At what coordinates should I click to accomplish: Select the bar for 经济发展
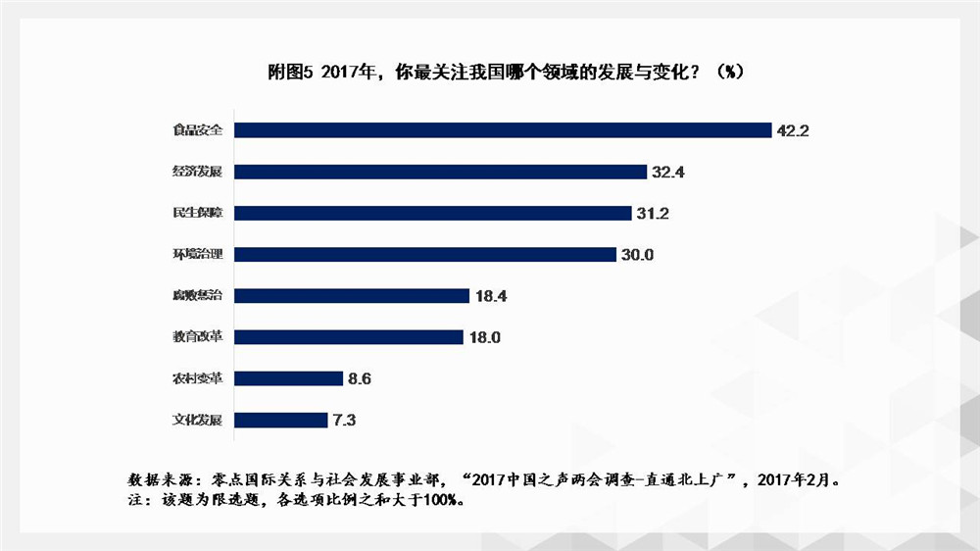[440, 172]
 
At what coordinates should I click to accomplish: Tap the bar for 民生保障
[432, 213]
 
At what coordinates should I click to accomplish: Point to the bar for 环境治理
[424, 254]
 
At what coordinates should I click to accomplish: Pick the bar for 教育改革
[348, 337]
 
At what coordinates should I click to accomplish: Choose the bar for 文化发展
[280, 420]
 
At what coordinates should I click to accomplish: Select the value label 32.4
[667, 172]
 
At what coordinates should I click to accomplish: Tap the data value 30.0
[636, 254]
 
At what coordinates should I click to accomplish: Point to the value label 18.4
[489, 295]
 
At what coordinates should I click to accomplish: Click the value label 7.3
[344, 420]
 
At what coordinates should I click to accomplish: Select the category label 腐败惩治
[197, 295]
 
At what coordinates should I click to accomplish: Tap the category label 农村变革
[197, 378]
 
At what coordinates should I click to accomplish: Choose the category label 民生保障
[197, 213]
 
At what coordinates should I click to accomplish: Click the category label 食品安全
[197, 130]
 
